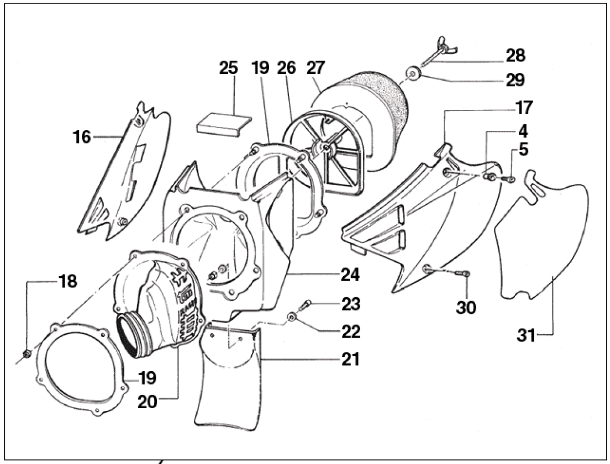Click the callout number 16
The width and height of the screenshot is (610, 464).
(x=82, y=137)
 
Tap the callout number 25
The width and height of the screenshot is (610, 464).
(x=228, y=68)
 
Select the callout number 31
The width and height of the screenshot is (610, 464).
(x=527, y=335)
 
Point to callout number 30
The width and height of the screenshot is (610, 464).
(x=466, y=308)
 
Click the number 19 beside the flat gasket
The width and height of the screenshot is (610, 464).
(x=148, y=378)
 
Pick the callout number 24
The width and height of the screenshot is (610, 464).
(x=350, y=275)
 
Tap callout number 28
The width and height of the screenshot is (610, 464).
(x=516, y=56)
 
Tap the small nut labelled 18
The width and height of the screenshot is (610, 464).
(x=27, y=354)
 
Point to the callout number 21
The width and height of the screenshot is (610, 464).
(x=350, y=360)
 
